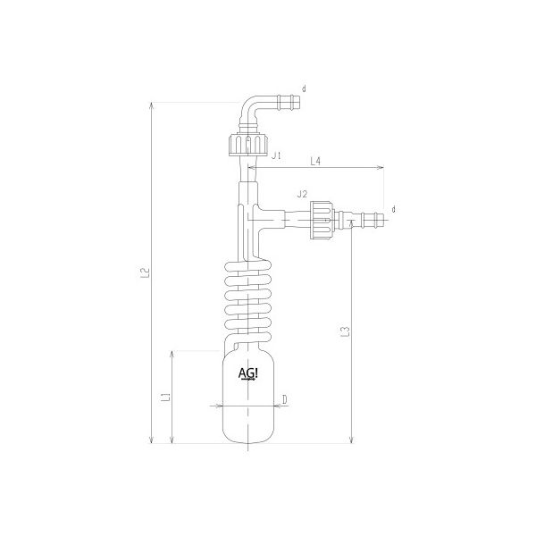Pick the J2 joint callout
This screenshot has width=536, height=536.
301,194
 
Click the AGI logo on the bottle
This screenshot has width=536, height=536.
248,373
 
